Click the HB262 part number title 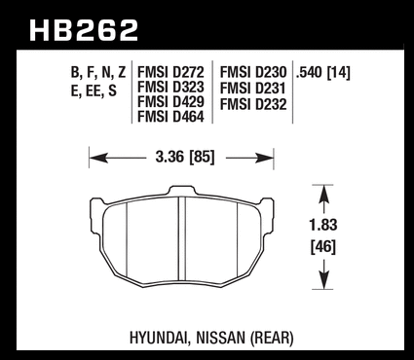coord(84,30)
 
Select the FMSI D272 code coord(170,72)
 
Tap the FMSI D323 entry coord(170,87)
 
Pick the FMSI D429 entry coord(170,102)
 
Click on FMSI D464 coord(170,117)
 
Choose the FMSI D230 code coord(253,72)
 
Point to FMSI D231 coord(252,89)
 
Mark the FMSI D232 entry coord(253,105)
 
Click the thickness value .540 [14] coord(322,72)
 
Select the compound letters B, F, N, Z coord(98,73)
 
